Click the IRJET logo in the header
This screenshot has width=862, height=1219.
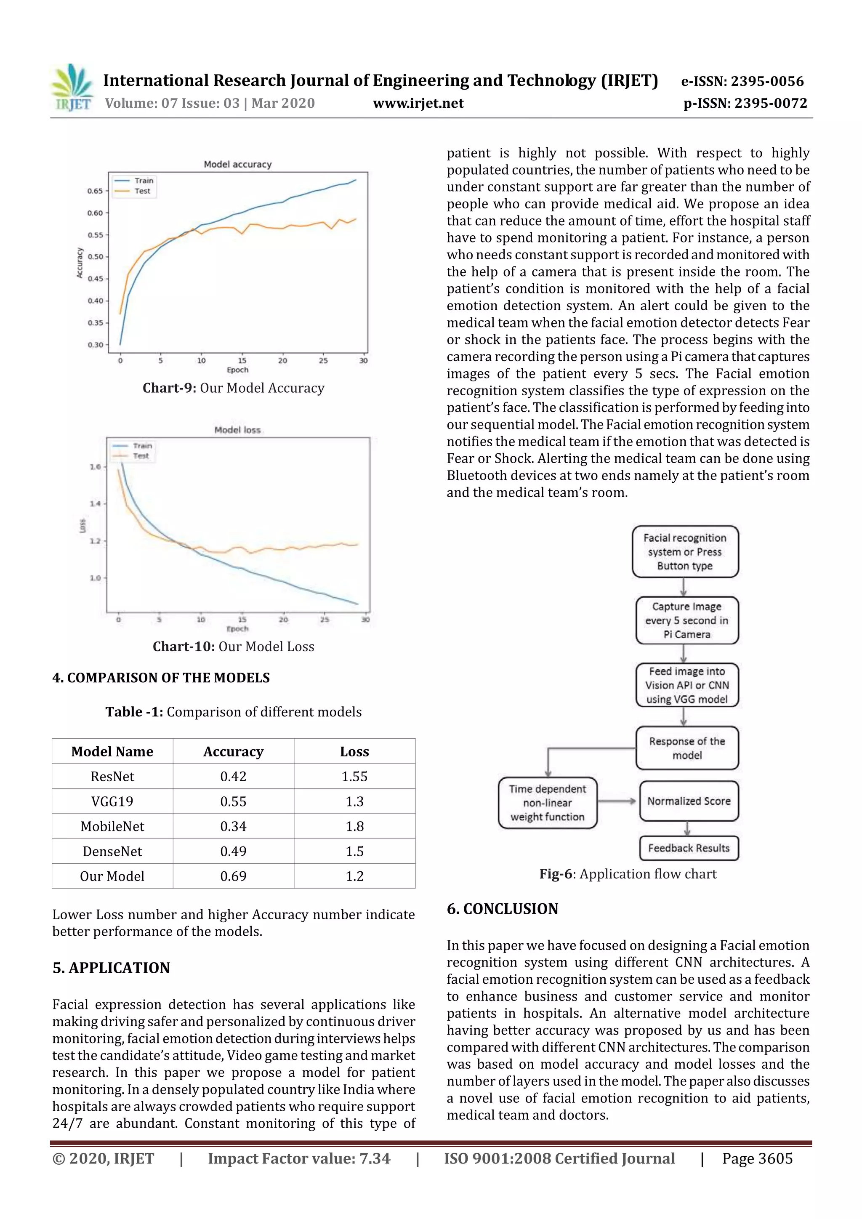click(72, 88)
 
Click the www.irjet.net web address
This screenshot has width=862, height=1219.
click(418, 104)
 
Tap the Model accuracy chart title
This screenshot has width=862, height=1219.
click(237, 165)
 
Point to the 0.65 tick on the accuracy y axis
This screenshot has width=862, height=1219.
click(95, 191)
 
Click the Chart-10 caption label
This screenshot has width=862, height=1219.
click(184, 646)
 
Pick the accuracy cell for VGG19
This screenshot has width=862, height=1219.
click(233, 801)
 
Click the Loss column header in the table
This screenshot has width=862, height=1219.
click(354, 751)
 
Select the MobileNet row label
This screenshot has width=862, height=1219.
click(112, 826)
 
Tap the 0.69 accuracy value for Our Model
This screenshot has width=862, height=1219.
click(233, 876)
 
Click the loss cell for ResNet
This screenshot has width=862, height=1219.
click(354, 776)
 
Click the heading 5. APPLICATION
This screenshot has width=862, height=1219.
click(111, 967)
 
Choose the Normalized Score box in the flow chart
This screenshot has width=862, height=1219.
click(689, 801)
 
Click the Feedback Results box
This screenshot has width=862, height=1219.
click(689, 848)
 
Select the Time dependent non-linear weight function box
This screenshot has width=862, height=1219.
click(547, 803)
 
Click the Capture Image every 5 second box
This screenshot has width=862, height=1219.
click(686, 620)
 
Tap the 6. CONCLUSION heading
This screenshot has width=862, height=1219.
click(502, 908)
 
